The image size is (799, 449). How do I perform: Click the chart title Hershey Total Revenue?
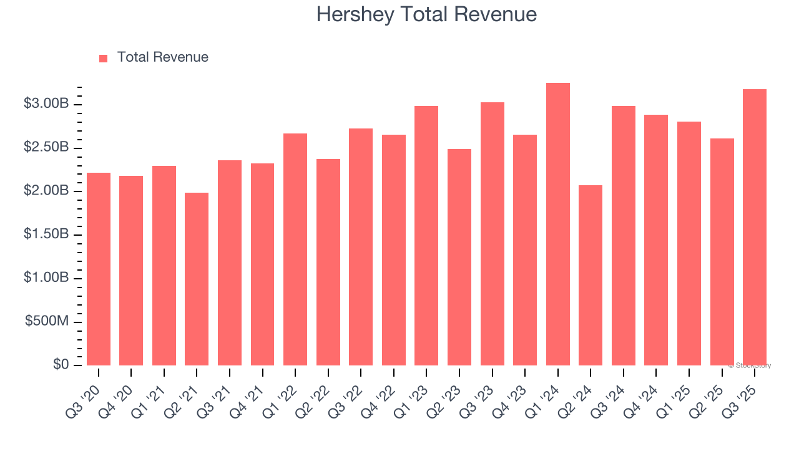coord(426,14)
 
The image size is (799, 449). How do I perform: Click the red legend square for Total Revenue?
coord(104,58)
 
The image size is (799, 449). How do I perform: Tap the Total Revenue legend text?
coord(163,57)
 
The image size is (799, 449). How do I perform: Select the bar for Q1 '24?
coord(557,224)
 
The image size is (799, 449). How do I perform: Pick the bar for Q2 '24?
coord(591,275)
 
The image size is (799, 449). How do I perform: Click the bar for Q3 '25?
coord(755,228)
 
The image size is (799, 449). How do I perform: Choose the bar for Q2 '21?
coord(197,279)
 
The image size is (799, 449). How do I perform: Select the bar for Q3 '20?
coord(99,269)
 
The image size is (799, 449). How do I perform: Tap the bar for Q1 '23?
coord(426,236)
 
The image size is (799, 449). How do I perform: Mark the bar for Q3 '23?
coord(492,234)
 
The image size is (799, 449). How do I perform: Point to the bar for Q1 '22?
coord(295,249)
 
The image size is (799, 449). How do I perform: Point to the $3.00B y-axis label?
coord(46,104)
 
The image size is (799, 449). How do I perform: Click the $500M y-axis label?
coord(47,321)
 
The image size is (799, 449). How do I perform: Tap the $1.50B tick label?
coord(46,234)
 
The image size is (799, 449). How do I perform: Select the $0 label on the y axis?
coord(61,365)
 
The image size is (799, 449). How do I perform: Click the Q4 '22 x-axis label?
coord(384,395)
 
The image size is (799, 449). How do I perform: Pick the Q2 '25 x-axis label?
coord(712,395)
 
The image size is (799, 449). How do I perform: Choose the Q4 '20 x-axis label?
coord(121,395)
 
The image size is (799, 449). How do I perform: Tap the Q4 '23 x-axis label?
coord(515,395)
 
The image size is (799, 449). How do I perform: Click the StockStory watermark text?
coord(750,365)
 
